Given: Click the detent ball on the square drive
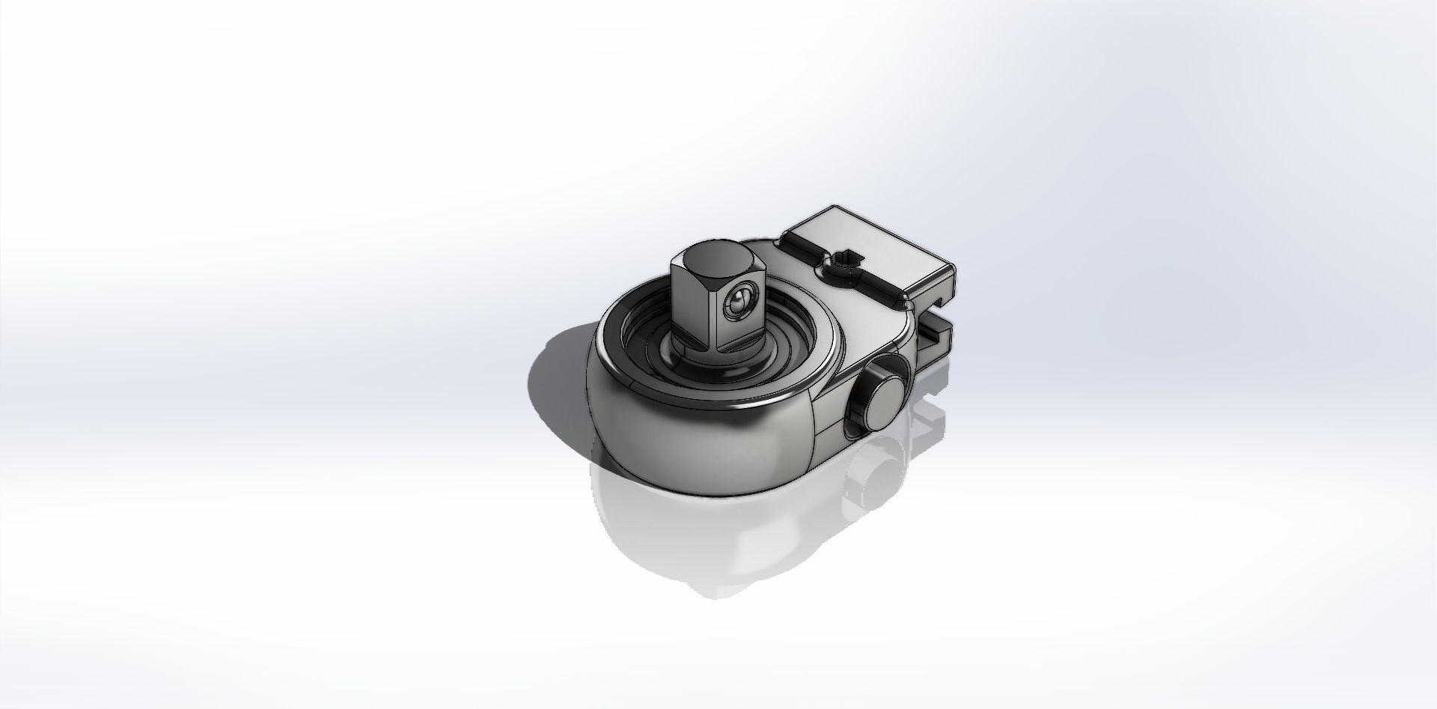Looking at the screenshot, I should tap(737, 301).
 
